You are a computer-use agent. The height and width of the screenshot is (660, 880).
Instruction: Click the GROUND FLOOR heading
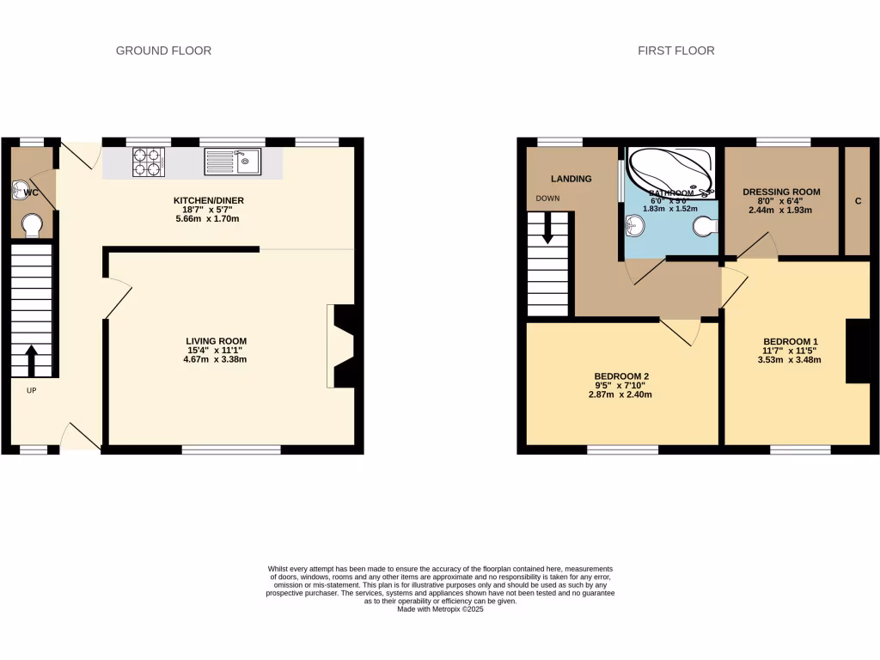(163, 51)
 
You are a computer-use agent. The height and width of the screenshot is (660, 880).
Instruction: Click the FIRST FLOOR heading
(675, 51)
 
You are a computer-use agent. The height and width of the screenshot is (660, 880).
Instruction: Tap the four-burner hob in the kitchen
(148, 161)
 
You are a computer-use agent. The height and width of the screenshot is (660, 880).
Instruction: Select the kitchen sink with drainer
(232, 161)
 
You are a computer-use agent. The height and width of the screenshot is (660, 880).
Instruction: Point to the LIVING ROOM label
(221, 341)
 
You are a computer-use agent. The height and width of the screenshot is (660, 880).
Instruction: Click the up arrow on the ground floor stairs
(32, 360)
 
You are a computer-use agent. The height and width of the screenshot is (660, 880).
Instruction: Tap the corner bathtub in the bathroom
(670, 169)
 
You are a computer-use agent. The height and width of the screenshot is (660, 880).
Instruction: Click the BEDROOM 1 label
(790, 341)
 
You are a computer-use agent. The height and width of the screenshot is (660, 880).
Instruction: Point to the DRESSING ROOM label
(781, 192)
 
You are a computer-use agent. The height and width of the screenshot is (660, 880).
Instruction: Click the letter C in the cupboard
(858, 202)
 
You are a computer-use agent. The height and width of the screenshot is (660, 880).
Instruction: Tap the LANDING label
(571, 179)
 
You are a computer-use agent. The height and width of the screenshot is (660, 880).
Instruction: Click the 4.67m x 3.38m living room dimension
(221, 359)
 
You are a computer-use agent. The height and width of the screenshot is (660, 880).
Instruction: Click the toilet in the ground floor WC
(32, 225)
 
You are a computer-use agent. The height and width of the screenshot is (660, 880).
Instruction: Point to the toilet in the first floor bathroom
(705, 227)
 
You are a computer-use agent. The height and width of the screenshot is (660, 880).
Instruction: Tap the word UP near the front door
(32, 390)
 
